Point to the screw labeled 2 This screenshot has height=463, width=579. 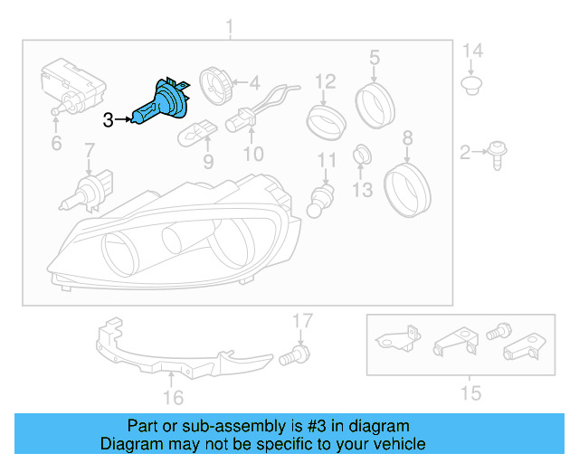click(x=497, y=155)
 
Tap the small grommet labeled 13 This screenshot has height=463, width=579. click(x=361, y=153)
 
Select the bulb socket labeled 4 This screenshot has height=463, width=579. click(x=217, y=87)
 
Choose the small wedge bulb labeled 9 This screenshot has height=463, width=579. click(x=196, y=132)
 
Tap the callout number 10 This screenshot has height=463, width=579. click(x=252, y=154)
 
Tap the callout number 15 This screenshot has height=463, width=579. click(x=470, y=392)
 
